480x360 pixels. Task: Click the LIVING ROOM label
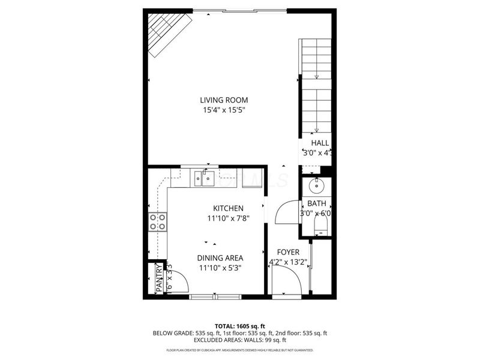click(x=224, y=100)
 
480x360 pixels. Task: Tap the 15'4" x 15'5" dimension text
click(x=224, y=110)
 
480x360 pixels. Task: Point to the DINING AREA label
click(x=220, y=258)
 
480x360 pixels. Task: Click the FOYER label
click(x=288, y=252)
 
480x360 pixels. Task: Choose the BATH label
click(x=316, y=204)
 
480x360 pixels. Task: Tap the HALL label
click(x=319, y=143)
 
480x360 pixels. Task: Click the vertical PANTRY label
click(x=159, y=279)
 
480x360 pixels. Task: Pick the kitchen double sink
click(x=205, y=178)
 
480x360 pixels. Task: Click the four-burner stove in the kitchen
click(x=158, y=222)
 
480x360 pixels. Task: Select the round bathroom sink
click(x=316, y=186)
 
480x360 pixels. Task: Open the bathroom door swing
click(x=286, y=211)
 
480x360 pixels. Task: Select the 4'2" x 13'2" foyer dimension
click(x=288, y=262)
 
